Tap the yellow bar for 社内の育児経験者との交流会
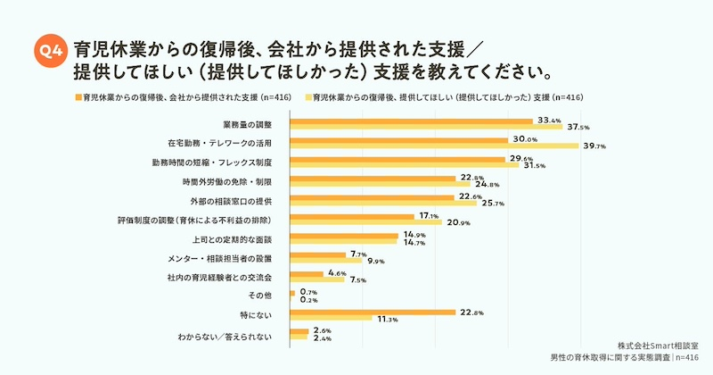[x=316, y=279]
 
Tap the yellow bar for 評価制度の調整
[x=365, y=221]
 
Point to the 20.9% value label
[x=457, y=222]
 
